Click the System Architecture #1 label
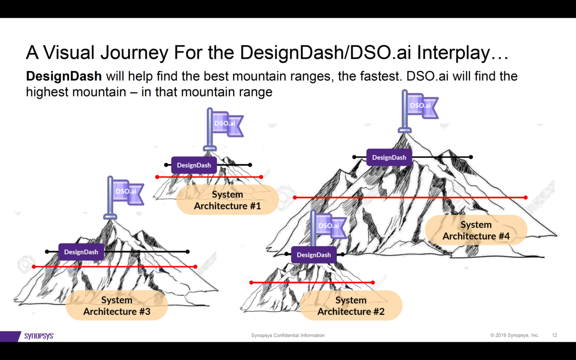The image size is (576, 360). [227, 200]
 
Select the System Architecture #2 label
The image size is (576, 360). [351, 306]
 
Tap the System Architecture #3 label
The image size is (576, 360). [117, 306]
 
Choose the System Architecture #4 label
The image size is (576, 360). [476, 230]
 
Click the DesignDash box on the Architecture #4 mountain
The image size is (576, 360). [389, 157]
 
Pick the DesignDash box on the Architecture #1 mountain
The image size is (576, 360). [193, 165]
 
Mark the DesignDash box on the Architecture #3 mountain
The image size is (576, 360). [81, 252]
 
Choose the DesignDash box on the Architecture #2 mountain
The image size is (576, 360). [313, 255]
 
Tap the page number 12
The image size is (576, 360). [555, 335]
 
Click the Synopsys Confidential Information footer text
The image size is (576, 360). [288, 335]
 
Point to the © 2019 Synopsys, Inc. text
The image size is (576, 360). [515, 335]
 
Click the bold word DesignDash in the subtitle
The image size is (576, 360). [64, 76]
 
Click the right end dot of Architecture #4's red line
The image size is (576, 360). [526, 197]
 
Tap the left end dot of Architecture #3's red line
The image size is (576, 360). [34, 266]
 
